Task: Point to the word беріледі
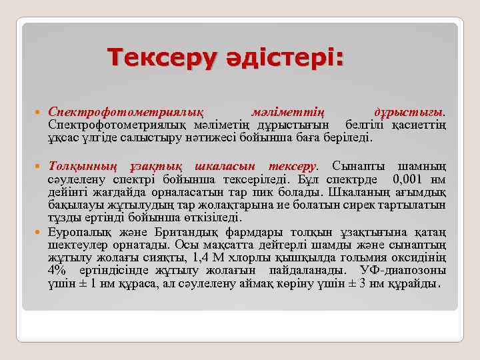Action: [x=352, y=139]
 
